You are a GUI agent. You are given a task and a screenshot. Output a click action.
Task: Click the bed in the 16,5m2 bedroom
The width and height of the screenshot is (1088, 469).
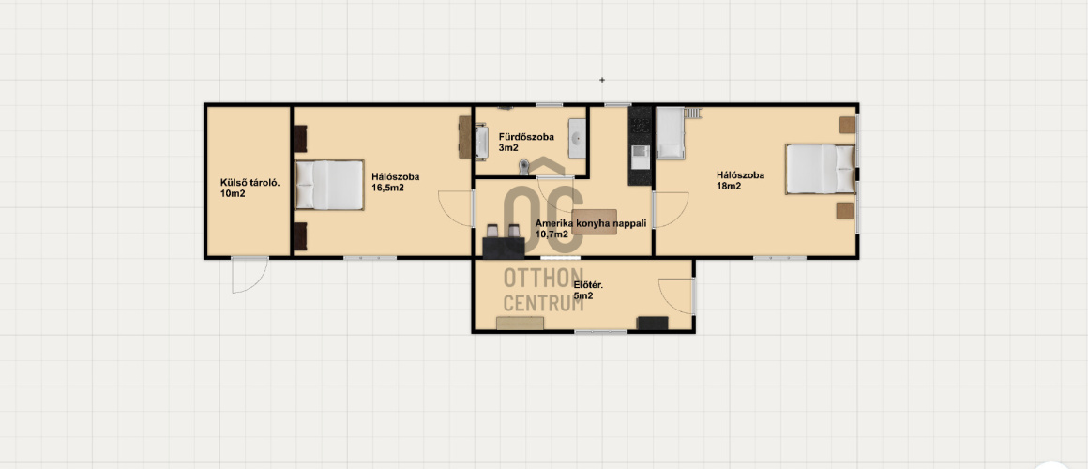(x=329, y=185)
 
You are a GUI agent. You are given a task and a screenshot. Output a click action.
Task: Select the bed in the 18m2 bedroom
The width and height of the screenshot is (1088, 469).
(x=820, y=169)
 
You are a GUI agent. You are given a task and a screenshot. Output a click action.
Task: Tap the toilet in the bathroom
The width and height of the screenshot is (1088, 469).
(x=524, y=166)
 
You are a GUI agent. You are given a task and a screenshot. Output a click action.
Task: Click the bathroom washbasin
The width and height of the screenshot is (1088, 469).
(x=577, y=138)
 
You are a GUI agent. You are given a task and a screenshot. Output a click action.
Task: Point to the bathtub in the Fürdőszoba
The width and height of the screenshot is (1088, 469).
(x=481, y=142)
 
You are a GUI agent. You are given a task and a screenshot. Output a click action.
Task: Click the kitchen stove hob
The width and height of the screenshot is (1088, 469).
(x=639, y=125)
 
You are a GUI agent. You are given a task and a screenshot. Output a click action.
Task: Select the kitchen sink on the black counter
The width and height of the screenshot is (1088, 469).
(x=640, y=156)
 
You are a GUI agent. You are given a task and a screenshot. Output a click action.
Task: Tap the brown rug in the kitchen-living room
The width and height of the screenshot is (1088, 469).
(x=594, y=221)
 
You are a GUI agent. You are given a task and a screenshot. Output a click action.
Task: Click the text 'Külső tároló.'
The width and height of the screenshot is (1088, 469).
(x=249, y=183)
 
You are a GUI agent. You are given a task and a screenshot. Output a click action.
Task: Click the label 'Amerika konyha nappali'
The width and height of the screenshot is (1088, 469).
(x=591, y=223)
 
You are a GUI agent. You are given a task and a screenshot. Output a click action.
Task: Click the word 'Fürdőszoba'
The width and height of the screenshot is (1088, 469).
(x=526, y=137)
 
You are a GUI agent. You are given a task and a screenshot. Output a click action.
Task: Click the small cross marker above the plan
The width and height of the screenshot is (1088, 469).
(x=601, y=80)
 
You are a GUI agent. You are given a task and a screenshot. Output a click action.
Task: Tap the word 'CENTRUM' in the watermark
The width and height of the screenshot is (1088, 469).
(x=543, y=303)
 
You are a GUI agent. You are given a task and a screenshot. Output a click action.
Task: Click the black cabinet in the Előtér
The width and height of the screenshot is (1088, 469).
(x=652, y=324)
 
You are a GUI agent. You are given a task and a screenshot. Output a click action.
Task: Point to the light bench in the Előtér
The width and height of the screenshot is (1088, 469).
(x=520, y=324)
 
